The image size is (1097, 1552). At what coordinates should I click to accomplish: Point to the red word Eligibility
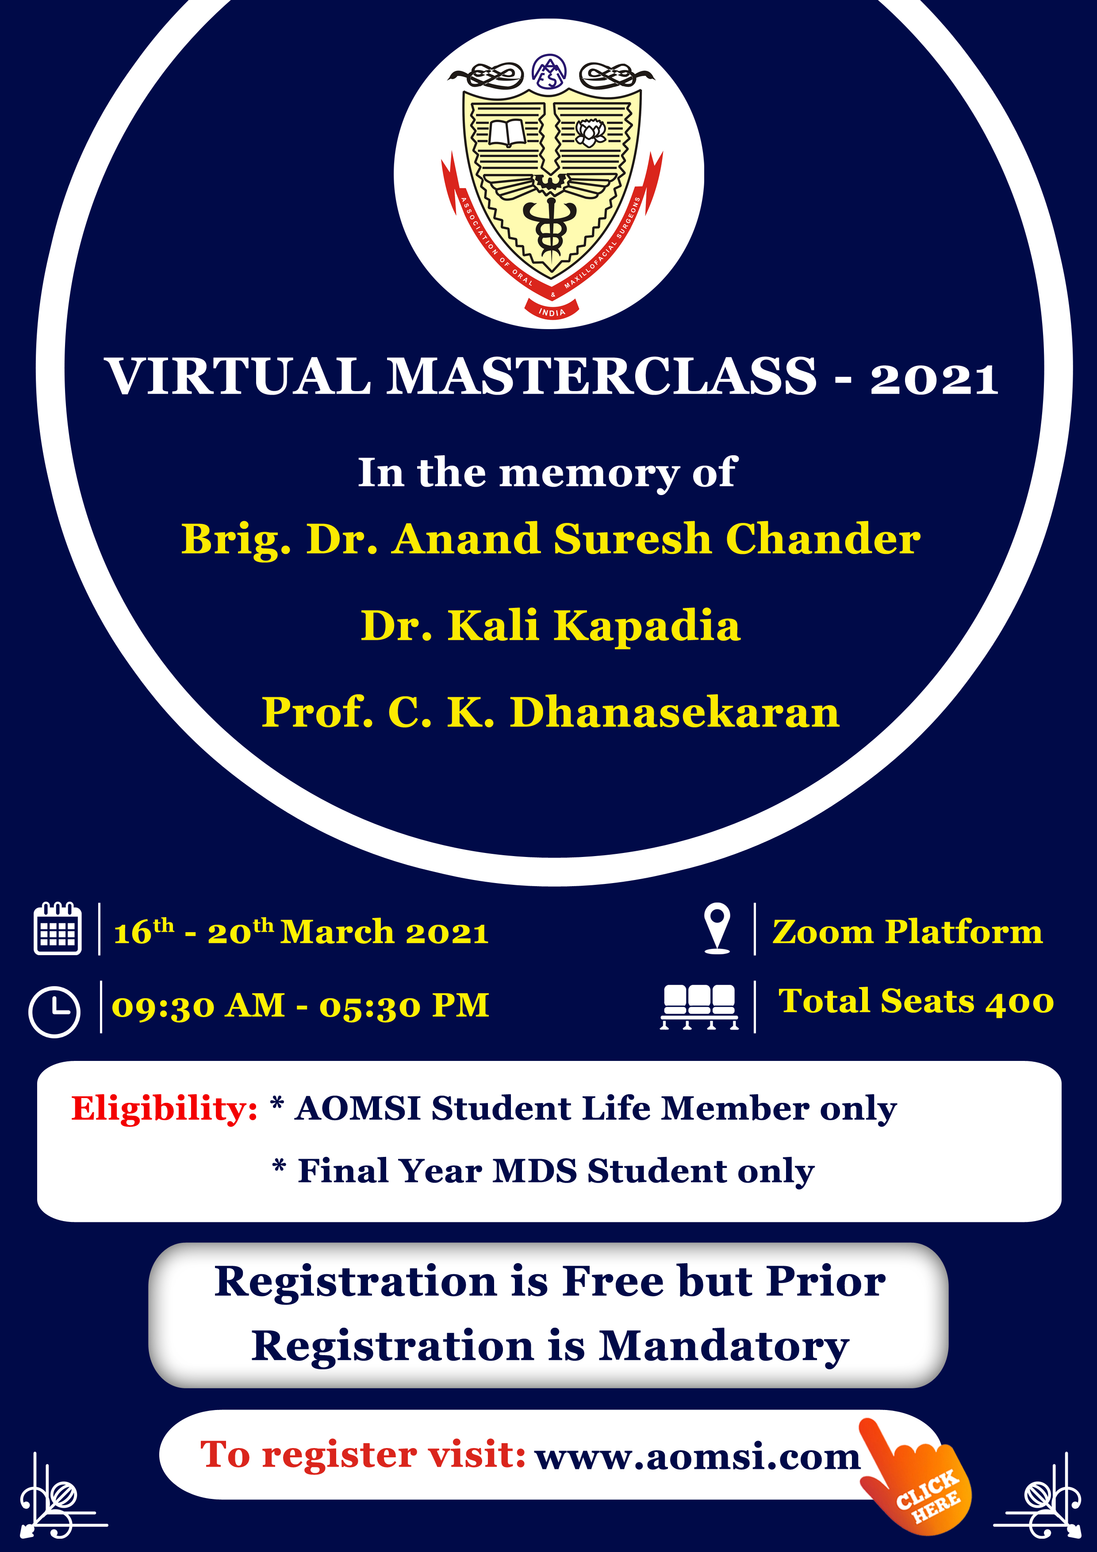coord(164,1109)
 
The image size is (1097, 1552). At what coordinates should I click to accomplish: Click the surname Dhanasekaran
coord(674,712)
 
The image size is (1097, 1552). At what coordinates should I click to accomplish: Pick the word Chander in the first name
coord(823,539)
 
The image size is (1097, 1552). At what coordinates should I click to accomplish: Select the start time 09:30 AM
coord(198,1006)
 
